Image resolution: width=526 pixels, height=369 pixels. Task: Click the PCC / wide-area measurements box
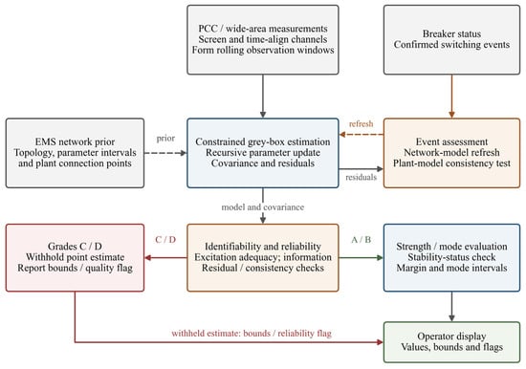263,39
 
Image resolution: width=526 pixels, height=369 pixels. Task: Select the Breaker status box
451,39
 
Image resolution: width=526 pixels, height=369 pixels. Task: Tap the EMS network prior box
75,153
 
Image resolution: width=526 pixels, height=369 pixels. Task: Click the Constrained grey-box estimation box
263,153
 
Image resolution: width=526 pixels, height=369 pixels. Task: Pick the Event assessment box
451,153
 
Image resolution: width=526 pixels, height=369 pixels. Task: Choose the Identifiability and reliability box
263,257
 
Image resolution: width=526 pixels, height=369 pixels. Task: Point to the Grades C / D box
75,257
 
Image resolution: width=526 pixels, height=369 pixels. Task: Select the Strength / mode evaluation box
451,257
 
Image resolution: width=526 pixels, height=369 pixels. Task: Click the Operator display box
451,342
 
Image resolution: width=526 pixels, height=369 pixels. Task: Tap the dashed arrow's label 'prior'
165,139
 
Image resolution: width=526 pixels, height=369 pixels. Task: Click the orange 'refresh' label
361,123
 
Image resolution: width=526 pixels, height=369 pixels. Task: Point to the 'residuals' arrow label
361,177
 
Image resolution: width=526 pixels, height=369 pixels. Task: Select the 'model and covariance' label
263,207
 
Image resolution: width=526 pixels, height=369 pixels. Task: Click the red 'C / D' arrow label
165,240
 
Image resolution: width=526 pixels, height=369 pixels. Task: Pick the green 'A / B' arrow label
361,240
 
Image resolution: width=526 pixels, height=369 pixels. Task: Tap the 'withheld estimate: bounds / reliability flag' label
252,333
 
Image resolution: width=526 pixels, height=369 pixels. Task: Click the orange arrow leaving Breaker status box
451,97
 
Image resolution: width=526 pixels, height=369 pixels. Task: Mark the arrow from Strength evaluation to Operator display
451,306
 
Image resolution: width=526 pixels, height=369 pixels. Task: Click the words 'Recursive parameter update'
263,153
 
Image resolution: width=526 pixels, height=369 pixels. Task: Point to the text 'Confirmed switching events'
451,45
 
